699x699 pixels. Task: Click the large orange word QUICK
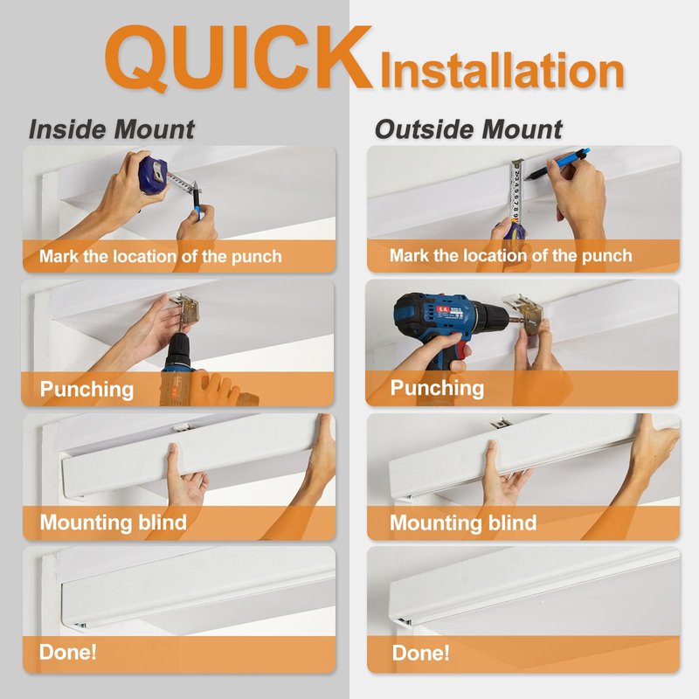(x=238, y=58)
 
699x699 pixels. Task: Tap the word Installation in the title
(x=502, y=71)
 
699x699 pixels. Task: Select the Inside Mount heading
(x=112, y=129)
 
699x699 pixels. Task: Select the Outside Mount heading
(x=468, y=129)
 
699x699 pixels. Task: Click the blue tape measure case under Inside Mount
(x=154, y=175)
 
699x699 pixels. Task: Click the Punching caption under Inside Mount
(x=87, y=389)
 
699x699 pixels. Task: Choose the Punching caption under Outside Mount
(x=437, y=388)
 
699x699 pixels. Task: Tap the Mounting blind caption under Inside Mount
(x=114, y=522)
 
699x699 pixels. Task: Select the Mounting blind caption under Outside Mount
(x=463, y=523)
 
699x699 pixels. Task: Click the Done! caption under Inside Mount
(x=68, y=652)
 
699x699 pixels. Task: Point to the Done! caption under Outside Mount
(x=420, y=653)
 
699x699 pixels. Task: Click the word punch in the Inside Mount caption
(x=256, y=257)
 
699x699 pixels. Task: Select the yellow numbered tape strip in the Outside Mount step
(x=516, y=192)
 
